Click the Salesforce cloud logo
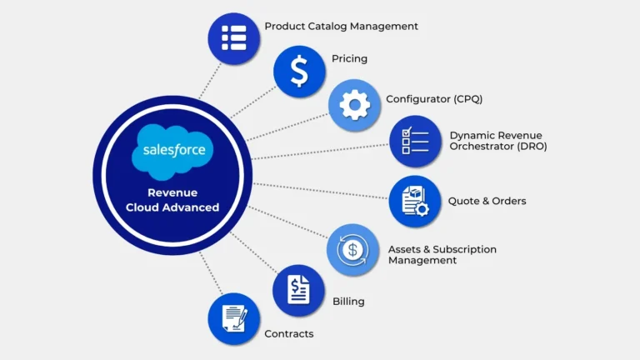point(172,151)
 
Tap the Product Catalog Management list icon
point(233,38)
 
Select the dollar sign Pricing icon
point(299,71)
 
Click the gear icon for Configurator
point(354,105)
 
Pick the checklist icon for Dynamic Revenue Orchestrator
point(415,141)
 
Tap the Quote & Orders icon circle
point(415,201)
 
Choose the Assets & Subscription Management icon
point(353,249)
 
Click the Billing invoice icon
point(298,290)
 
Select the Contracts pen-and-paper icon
point(233,318)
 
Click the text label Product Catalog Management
point(341,27)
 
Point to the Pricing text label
point(349,59)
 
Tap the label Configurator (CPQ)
point(433,99)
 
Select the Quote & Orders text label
point(487,201)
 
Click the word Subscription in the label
point(462,249)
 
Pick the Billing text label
point(348,301)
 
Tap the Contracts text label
point(288,334)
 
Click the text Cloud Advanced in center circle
point(172,207)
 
